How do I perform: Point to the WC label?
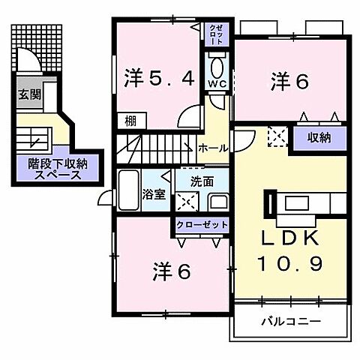pyautogui.click(x=217, y=83)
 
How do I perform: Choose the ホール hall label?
pyautogui.click(x=213, y=148)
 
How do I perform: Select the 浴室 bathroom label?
pyautogui.click(x=154, y=194)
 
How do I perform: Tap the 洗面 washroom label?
pyautogui.click(x=201, y=181)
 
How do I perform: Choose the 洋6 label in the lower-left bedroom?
pyautogui.click(x=172, y=271)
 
